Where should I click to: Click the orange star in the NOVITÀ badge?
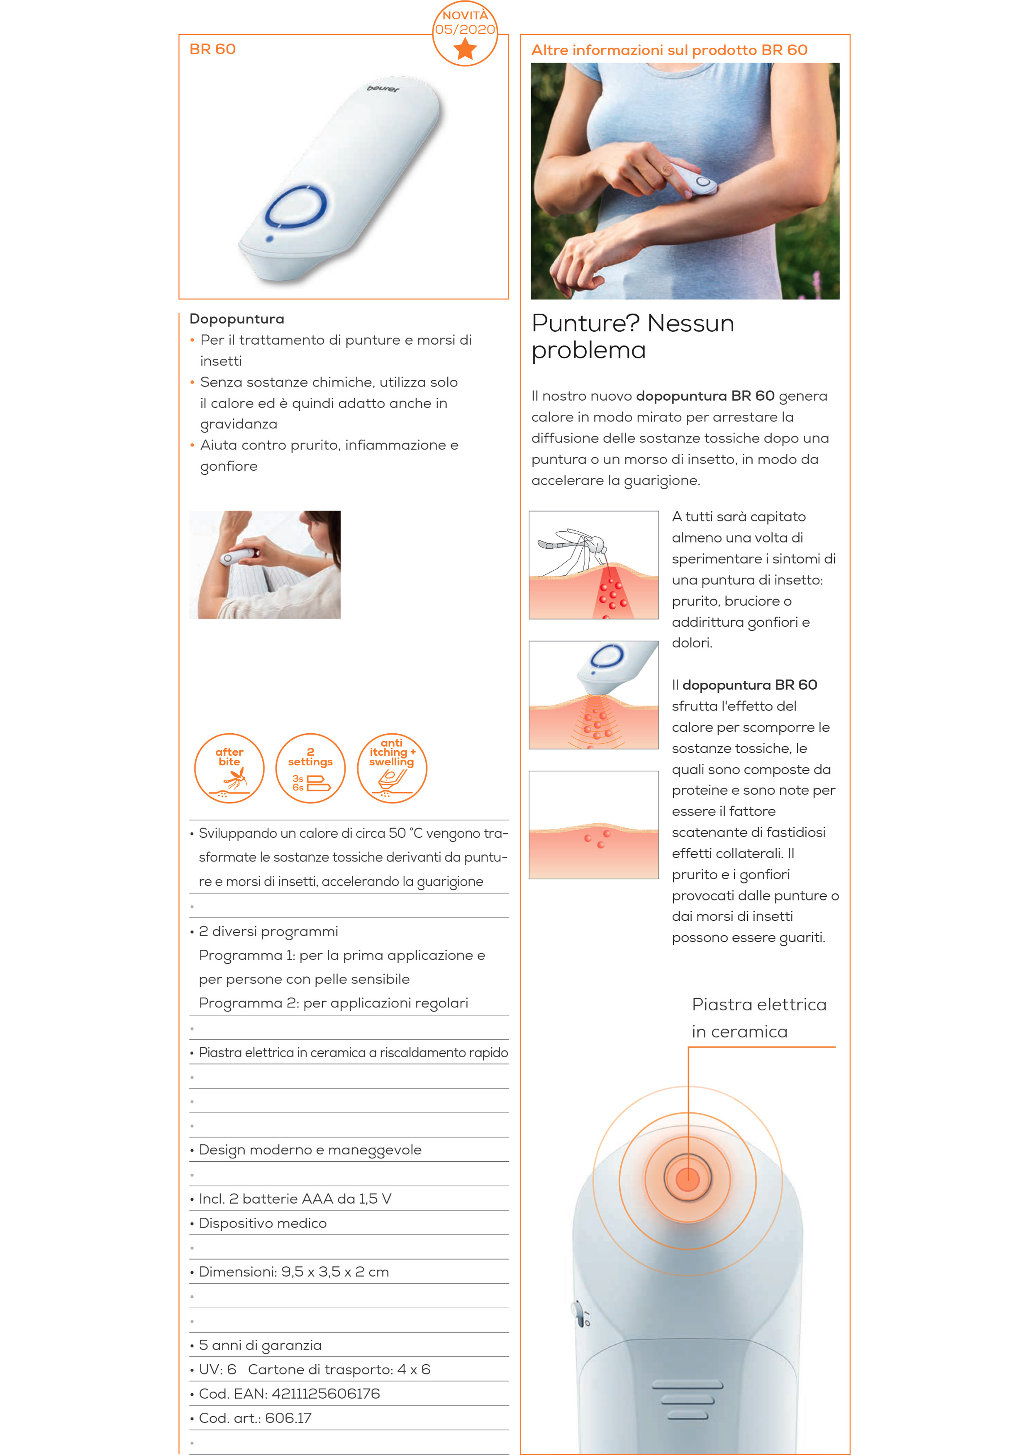pyautogui.click(x=466, y=48)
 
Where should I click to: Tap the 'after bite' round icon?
pyautogui.click(x=229, y=768)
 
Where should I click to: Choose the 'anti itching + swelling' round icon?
pyautogui.click(x=392, y=768)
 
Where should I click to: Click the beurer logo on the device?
pyautogui.click(x=383, y=89)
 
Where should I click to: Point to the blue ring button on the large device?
pyautogui.click(x=296, y=207)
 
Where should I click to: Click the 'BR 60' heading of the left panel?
pyautogui.click(x=212, y=49)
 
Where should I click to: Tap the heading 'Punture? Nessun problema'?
pyautogui.click(x=633, y=336)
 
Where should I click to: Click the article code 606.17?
pyautogui.click(x=288, y=1418)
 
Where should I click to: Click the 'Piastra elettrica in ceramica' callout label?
pyautogui.click(x=759, y=1018)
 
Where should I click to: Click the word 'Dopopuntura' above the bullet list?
pyautogui.click(x=237, y=319)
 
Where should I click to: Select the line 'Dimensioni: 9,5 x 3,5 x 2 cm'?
pyautogui.click(x=293, y=1271)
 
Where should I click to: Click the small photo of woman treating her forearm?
pyautogui.click(x=265, y=564)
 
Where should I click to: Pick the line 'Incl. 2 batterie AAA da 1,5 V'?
pyautogui.click(x=295, y=1198)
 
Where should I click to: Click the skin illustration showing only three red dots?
pyautogui.click(x=593, y=825)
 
